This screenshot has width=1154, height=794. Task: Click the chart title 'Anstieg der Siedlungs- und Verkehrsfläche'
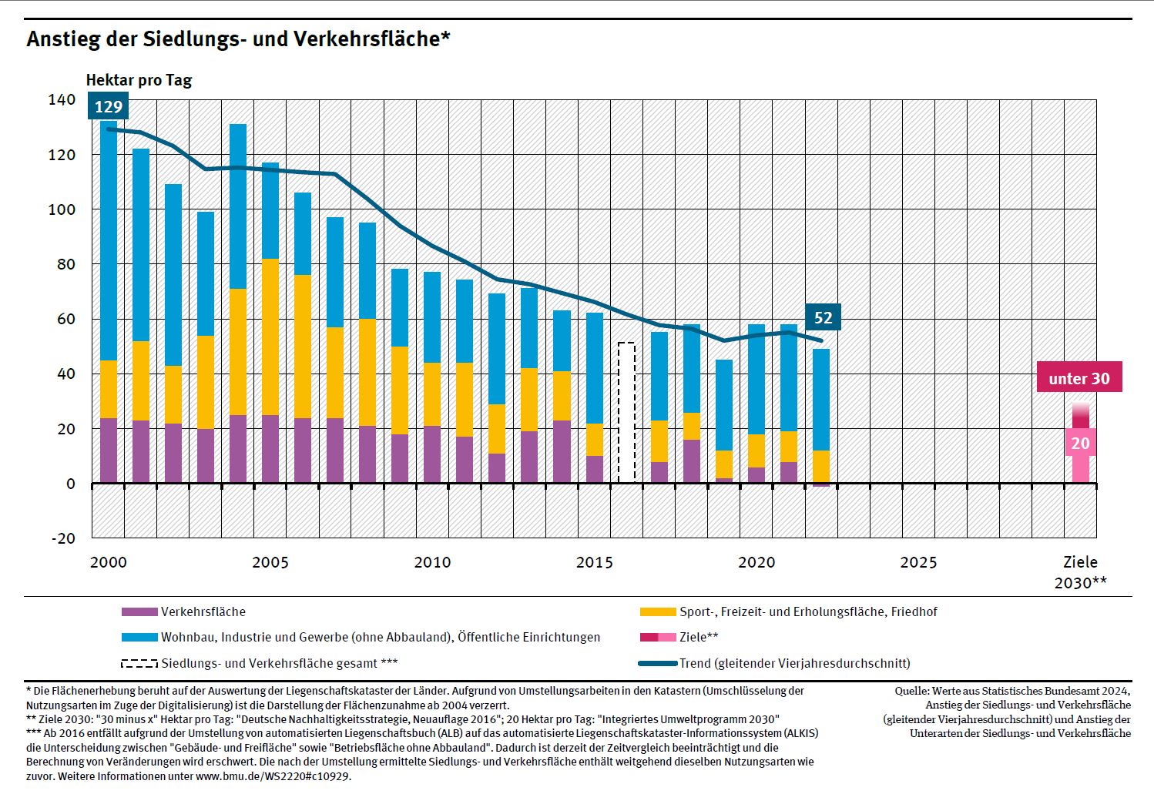(238, 39)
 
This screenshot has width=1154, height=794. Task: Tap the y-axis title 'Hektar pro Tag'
(139, 80)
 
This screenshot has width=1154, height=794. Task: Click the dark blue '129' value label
(109, 107)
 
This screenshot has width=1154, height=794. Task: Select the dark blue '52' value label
(823, 317)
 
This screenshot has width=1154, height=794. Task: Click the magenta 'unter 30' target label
(1079, 378)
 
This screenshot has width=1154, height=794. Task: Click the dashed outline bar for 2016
(626, 413)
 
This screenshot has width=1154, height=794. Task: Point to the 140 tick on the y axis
(62, 99)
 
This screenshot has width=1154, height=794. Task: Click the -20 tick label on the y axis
(63, 538)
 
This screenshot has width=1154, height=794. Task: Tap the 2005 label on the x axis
(270, 562)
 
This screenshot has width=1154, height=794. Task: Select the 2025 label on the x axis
(919, 562)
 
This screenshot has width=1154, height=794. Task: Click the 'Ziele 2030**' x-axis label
(1080, 572)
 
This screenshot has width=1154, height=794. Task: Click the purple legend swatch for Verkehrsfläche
(139, 612)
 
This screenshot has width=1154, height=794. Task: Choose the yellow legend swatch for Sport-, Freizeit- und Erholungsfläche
(658, 612)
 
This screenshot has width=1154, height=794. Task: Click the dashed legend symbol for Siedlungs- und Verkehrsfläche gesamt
(139, 663)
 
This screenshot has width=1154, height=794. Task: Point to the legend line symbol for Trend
(658, 663)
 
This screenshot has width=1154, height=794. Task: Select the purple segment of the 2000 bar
(109, 451)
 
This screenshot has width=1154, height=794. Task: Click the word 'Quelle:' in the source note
(912, 691)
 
